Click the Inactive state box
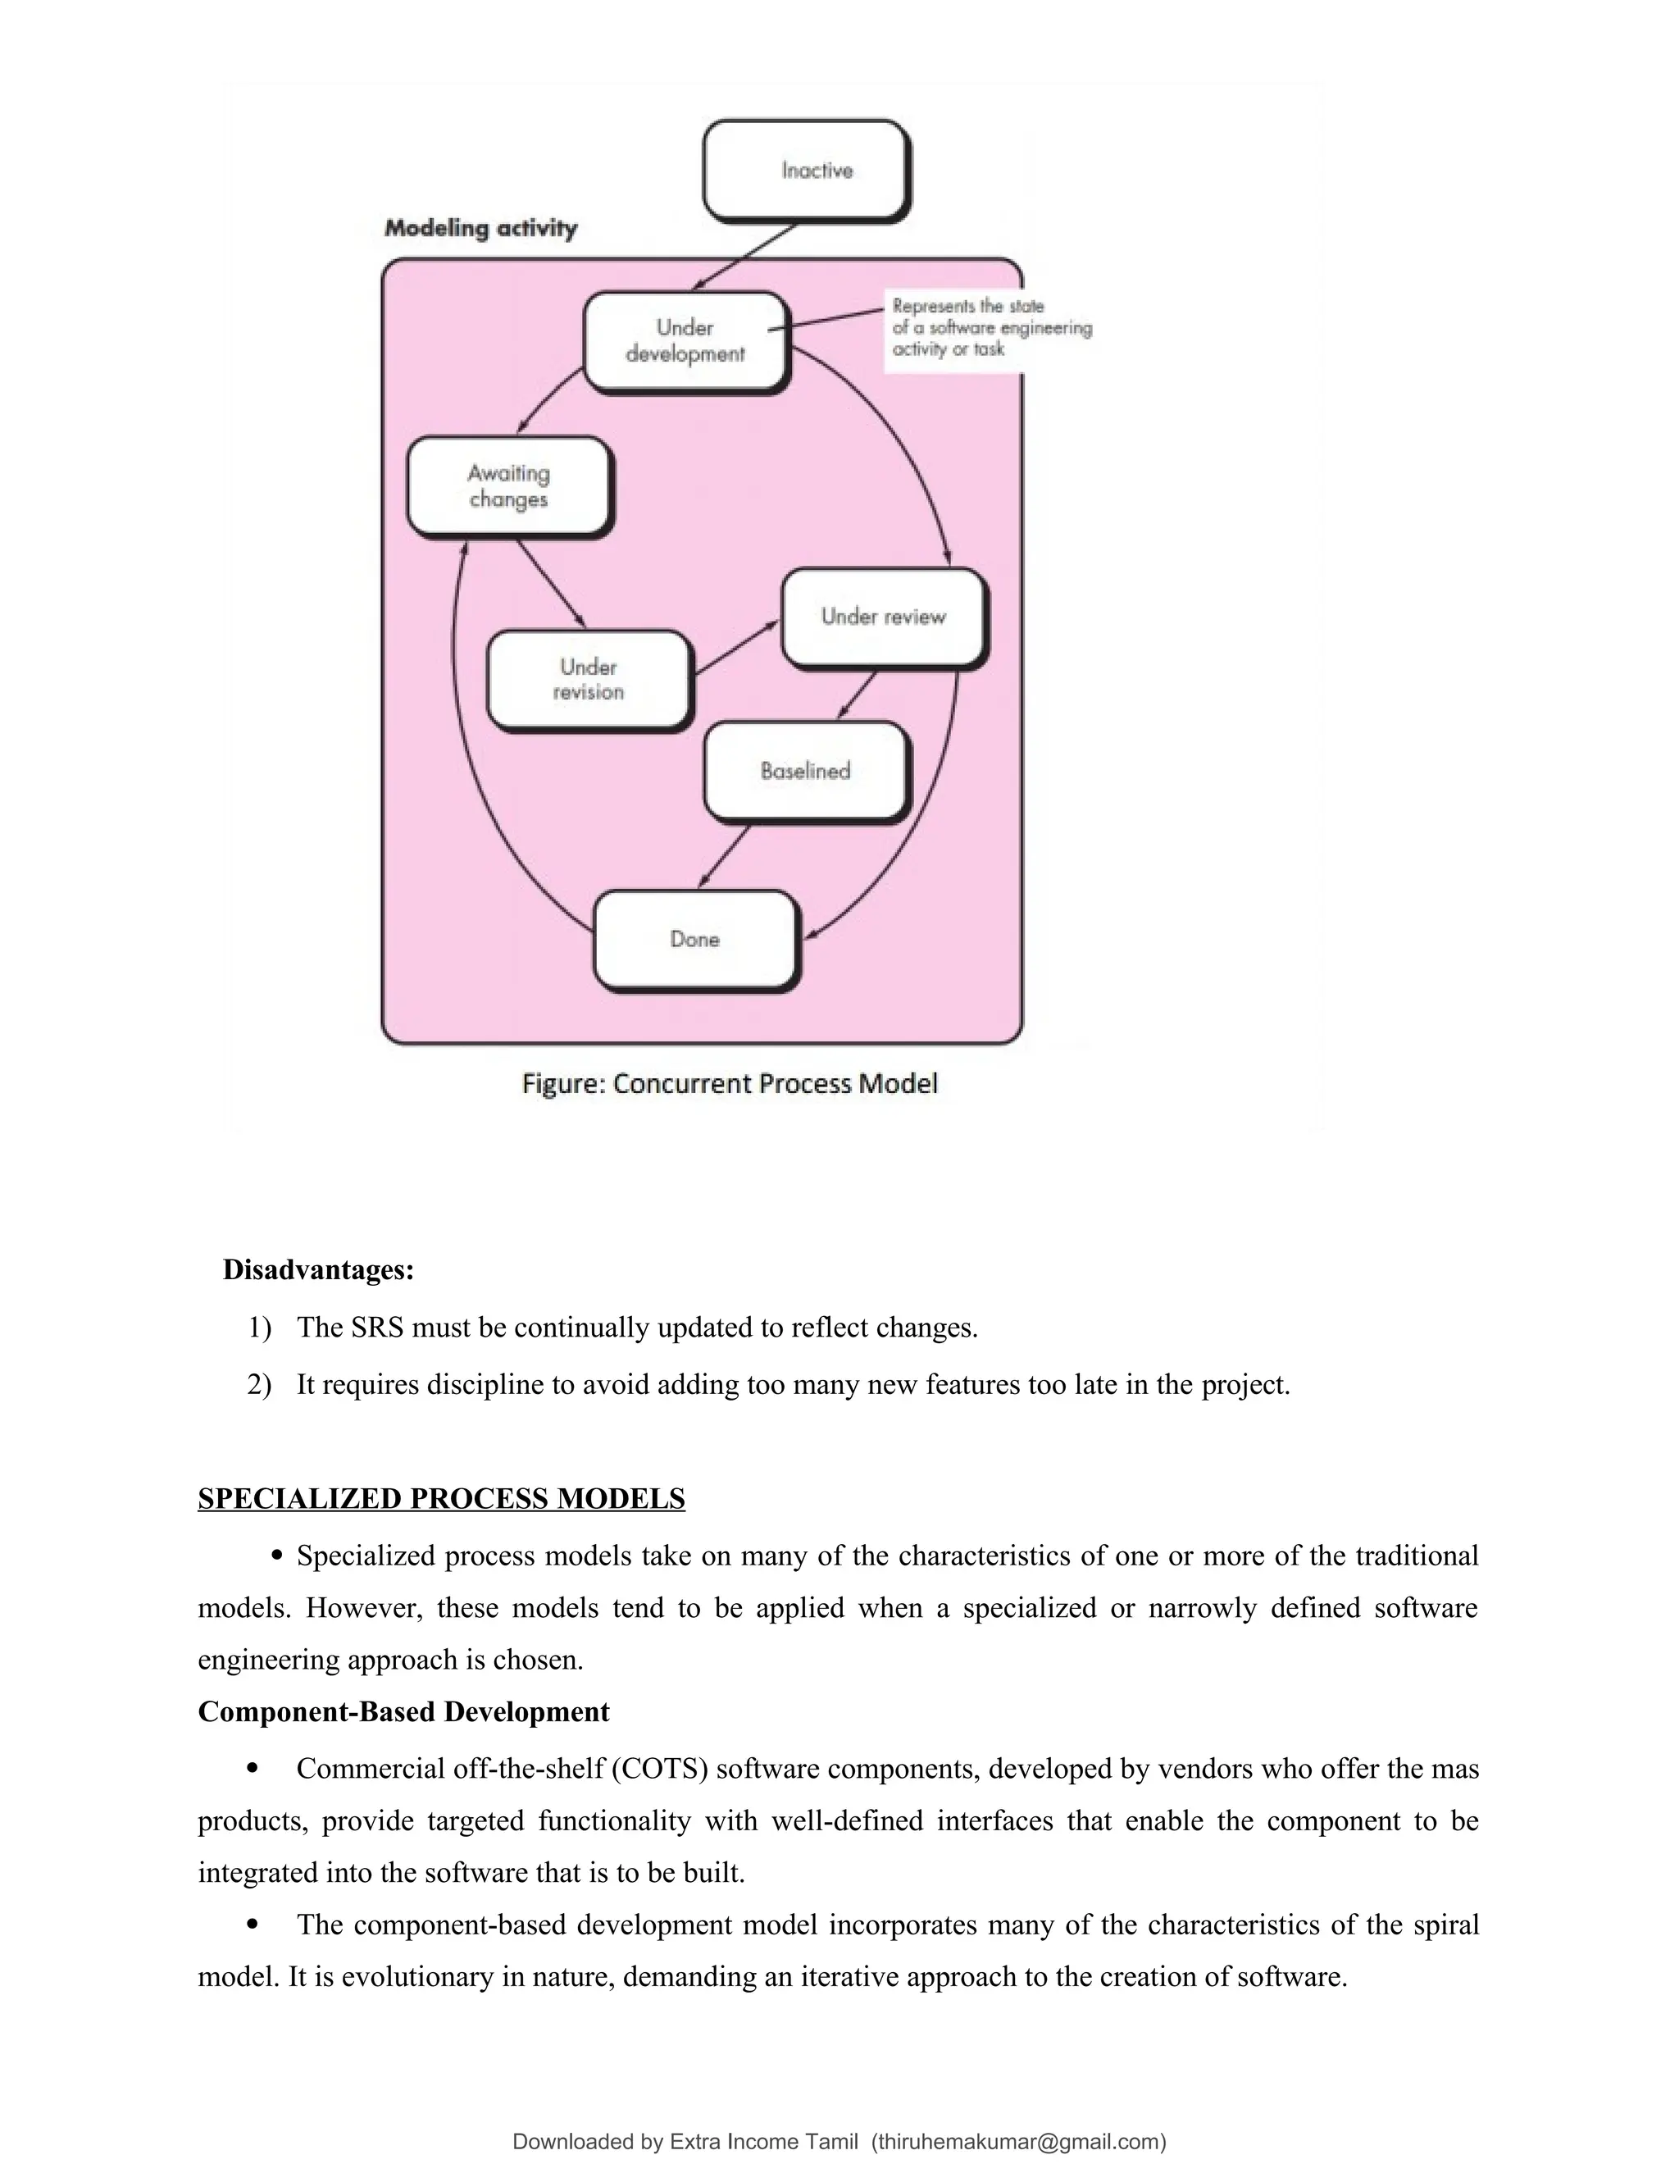[806, 170]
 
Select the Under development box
[685, 341]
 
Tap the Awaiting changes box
[508, 486]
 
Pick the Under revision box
[589, 680]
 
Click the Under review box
[882, 617]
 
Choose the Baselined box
[806, 771]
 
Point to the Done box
[695, 939]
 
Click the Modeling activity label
[480, 229]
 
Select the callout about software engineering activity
[990, 328]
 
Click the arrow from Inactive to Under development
[746, 257]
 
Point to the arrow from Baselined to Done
[725, 855]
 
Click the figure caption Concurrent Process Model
[729, 1083]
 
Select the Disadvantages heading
[318, 1270]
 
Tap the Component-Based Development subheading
[403, 1711]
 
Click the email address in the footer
[1018, 2141]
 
